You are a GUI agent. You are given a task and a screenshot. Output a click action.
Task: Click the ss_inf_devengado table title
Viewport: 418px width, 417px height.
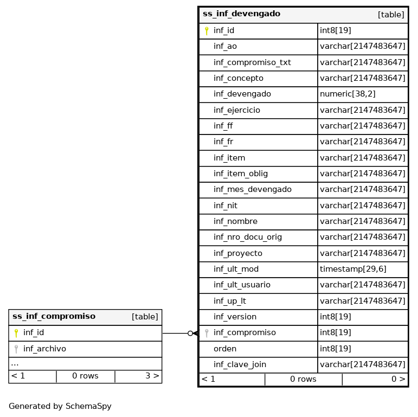tap(241, 14)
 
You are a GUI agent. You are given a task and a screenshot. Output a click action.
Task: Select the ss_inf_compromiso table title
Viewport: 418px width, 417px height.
tap(54, 317)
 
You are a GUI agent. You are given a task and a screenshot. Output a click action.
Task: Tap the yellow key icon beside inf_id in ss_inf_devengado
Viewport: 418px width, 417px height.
tap(207, 31)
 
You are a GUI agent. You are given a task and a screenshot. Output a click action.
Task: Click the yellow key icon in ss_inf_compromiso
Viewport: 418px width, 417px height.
tap(16, 333)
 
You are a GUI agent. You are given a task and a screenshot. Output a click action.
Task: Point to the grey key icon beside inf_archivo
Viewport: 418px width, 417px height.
tap(16, 349)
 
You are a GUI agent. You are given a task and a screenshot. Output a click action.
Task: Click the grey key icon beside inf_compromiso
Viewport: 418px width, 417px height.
tap(207, 333)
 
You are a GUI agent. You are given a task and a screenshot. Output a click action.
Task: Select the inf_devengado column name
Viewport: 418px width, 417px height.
tap(242, 94)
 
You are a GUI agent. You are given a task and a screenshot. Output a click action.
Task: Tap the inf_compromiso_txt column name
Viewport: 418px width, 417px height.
tap(252, 62)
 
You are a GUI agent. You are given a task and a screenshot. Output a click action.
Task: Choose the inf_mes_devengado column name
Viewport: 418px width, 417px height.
tap(252, 190)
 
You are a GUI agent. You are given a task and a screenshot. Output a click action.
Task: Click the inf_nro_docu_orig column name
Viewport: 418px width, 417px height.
tap(247, 238)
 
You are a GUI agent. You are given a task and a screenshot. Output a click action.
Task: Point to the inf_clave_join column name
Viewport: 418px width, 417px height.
tap(240, 365)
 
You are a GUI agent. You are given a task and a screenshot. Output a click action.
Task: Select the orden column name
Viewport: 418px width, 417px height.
tap(224, 349)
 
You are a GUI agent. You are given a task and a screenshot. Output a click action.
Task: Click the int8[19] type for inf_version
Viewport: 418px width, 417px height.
tap(335, 317)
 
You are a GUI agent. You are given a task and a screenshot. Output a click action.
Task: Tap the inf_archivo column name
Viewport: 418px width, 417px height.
tap(44, 349)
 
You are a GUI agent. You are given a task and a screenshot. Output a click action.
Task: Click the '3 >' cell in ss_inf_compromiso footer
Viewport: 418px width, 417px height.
tap(152, 376)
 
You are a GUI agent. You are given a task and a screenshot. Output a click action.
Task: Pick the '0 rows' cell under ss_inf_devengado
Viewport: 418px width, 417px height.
tap(303, 380)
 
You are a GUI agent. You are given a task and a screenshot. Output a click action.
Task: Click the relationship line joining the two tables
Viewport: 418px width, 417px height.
tap(175, 333)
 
